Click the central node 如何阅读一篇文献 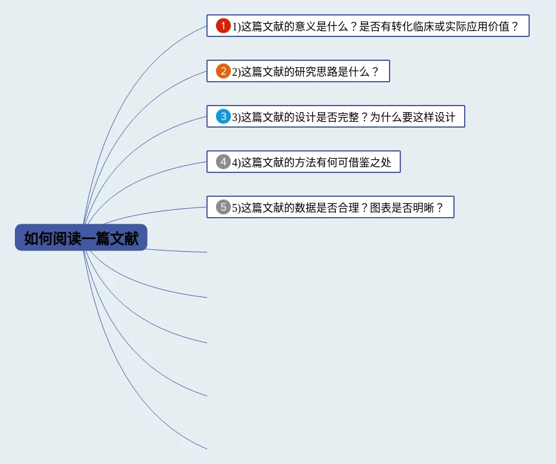tap(81, 238)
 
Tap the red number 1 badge tap(223, 26)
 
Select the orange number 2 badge tap(223, 71)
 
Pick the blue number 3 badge tap(223, 116)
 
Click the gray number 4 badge tap(223, 162)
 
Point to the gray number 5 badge tap(223, 207)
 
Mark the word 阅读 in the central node tap(67, 239)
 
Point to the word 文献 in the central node tap(124, 239)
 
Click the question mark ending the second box tap(375, 72)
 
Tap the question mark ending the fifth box tap(440, 208)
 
